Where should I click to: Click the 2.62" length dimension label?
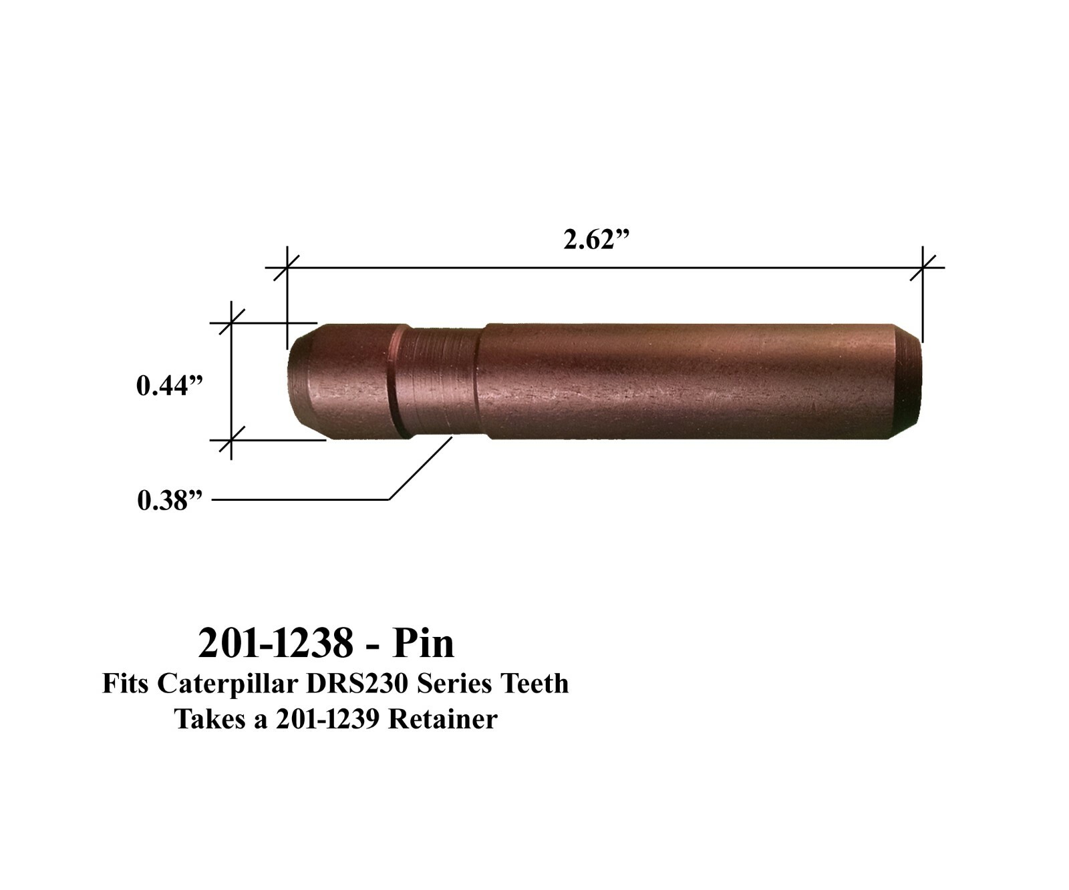(x=597, y=240)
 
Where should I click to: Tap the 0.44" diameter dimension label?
(x=169, y=386)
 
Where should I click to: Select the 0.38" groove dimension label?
(x=169, y=500)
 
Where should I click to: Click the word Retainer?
(x=443, y=720)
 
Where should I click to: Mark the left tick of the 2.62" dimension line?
(x=287, y=268)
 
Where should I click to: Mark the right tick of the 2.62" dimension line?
(x=923, y=268)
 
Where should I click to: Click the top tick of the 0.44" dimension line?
(x=231, y=323)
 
